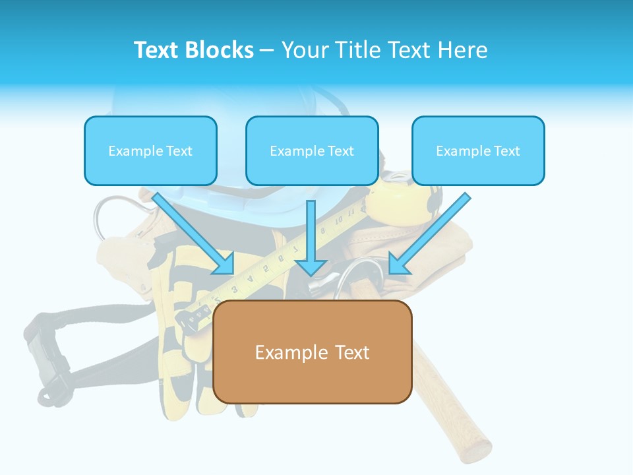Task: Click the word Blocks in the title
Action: click(220, 50)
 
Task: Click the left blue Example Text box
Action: click(150, 151)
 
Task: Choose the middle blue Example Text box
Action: click(312, 151)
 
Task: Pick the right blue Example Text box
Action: click(478, 151)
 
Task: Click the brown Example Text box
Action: click(312, 352)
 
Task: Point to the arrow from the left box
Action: click(195, 234)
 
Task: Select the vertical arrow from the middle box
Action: click(311, 237)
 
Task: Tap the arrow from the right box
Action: click(429, 234)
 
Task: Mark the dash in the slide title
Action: click(267, 50)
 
